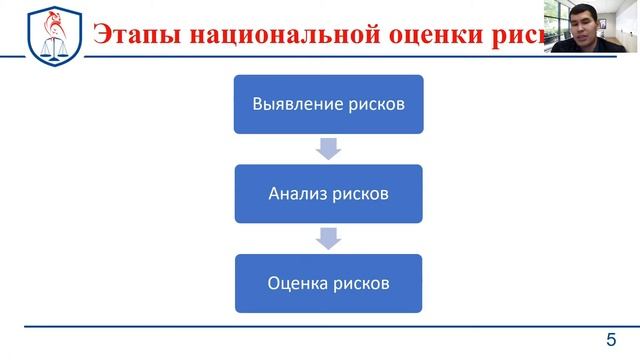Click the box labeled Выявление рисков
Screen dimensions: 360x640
(328, 103)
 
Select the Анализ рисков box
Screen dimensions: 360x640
(328, 193)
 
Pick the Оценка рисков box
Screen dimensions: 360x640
(328, 283)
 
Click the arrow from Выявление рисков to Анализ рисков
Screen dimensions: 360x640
(328, 148)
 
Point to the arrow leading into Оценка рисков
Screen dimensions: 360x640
(328, 238)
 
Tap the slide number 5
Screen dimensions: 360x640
(611, 338)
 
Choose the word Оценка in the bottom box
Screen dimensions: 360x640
(299, 283)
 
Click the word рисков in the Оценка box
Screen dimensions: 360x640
(362, 283)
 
